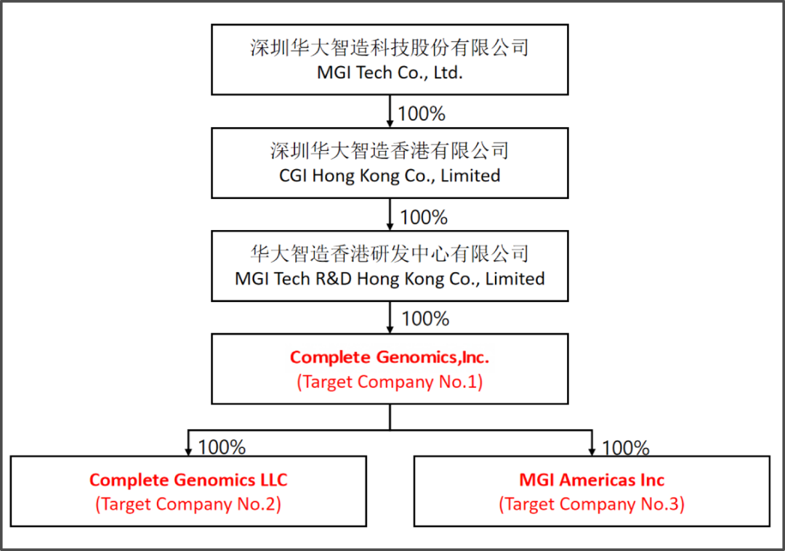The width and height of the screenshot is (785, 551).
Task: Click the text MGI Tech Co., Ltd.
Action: pos(390,73)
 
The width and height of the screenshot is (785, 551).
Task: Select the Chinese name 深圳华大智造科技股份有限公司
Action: pos(390,48)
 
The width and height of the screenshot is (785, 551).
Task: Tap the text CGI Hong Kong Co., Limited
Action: pos(390,176)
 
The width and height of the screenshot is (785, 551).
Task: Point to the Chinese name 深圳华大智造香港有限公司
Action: pos(390,151)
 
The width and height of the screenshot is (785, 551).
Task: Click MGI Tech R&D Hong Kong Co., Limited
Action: pos(390,279)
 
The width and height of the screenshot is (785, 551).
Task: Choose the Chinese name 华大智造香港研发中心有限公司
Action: pos(390,254)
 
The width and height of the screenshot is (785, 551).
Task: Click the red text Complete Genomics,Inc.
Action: pos(390,357)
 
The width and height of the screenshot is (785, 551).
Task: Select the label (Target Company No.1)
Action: pos(390,382)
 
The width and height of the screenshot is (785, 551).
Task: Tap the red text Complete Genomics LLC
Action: pos(188,480)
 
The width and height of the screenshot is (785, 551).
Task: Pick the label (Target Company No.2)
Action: pos(188,504)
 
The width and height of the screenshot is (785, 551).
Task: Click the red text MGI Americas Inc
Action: pos(592,480)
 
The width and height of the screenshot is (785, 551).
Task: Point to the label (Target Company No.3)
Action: pos(592,504)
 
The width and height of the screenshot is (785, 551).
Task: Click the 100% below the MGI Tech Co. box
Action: pos(422,114)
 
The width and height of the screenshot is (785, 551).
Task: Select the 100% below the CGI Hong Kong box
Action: pos(424,217)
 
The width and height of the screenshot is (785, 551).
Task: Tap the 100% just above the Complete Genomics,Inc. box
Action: pos(425,319)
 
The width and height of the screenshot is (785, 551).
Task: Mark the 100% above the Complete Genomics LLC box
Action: pos(222,447)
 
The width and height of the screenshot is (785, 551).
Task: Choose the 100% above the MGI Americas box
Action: pos(626,448)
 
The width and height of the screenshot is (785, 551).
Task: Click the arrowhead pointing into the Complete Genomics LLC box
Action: pos(188,451)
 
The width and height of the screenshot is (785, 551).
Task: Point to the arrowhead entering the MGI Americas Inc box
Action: pos(592,451)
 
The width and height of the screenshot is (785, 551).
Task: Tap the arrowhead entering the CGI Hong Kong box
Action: pos(390,123)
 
